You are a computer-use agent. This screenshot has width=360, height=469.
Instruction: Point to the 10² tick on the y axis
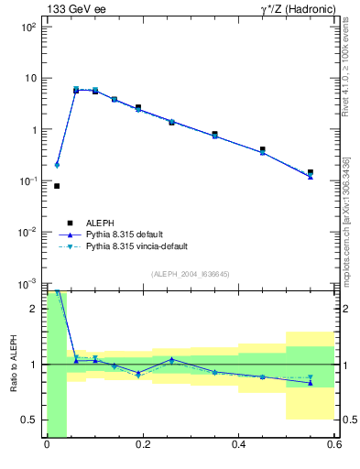[29, 27]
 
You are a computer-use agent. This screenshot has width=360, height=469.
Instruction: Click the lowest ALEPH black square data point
[57, 186]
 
